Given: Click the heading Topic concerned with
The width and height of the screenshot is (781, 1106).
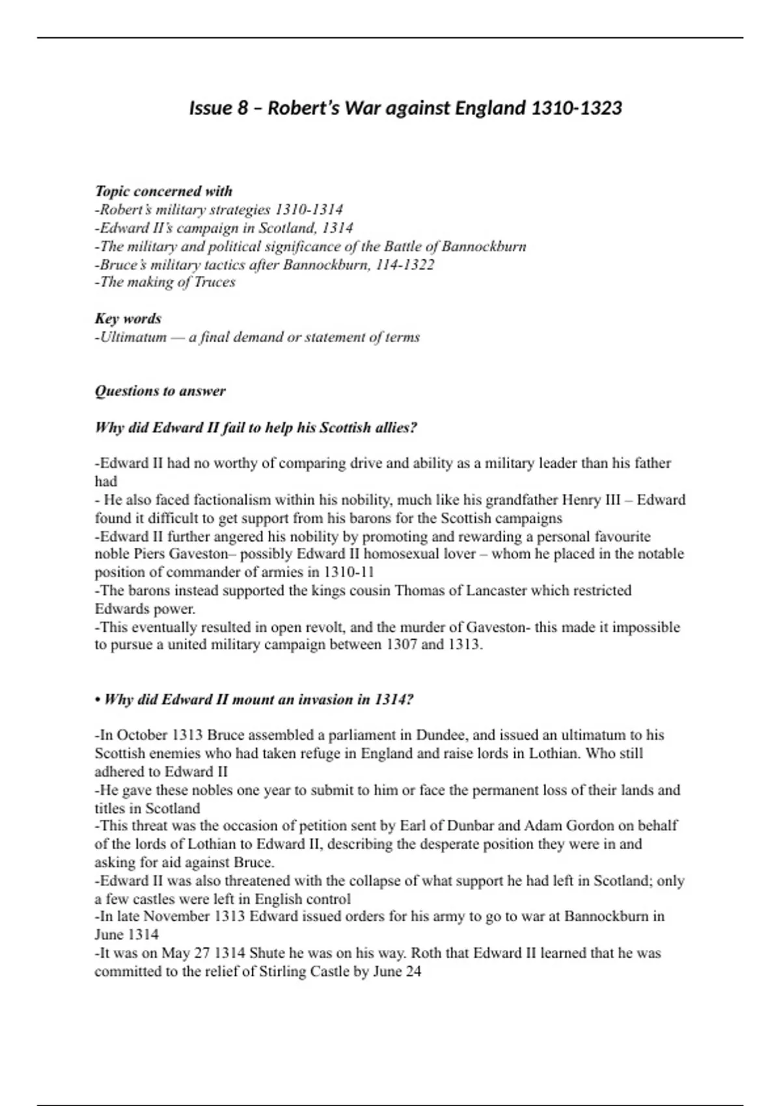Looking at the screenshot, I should point(163,191).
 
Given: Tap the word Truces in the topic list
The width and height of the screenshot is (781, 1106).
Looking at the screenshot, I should point(215,282).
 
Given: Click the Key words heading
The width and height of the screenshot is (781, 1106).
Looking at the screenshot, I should point(128,319).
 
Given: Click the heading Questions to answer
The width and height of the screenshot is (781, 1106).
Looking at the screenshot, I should point(160,391).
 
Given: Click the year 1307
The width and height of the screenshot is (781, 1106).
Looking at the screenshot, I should point(402,645).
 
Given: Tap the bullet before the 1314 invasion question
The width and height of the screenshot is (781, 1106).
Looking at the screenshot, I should point(98,700).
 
